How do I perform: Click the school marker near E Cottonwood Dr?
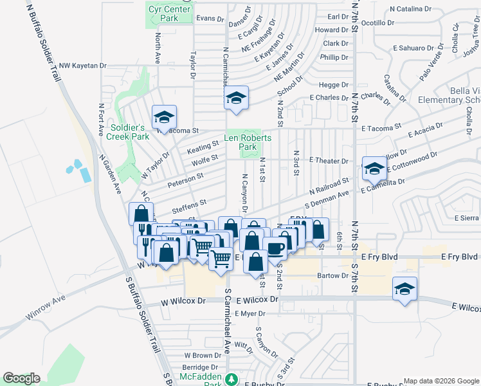point(374,169)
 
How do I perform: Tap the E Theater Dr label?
point(328,160)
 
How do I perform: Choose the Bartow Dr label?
point(332,276)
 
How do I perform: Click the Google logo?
point(21,378)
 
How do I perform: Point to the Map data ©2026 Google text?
point(440,381)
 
